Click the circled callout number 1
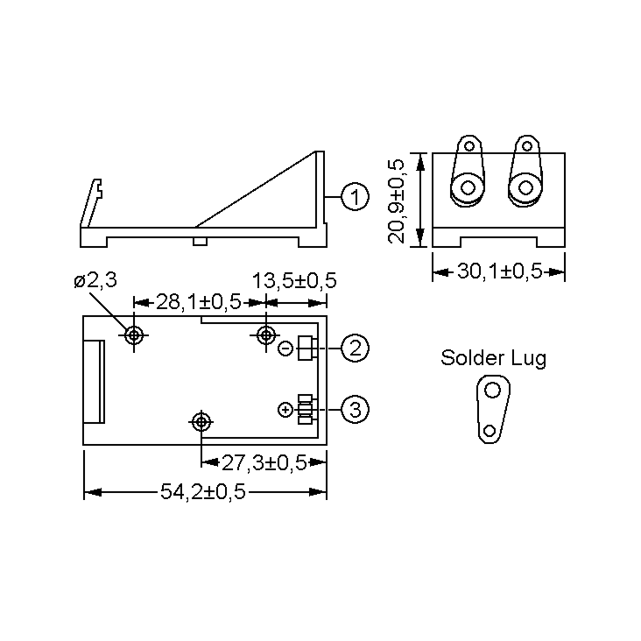coord(355,197)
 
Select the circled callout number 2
coord(355,348)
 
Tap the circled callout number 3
coord(355,409)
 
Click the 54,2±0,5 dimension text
coord(203,492)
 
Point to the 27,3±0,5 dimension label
coord(264,463)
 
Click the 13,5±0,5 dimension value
coord(295,281)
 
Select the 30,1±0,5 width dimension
coord(500,271)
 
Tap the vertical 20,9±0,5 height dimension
coord(396,201)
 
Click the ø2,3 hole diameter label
coord(96,280)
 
